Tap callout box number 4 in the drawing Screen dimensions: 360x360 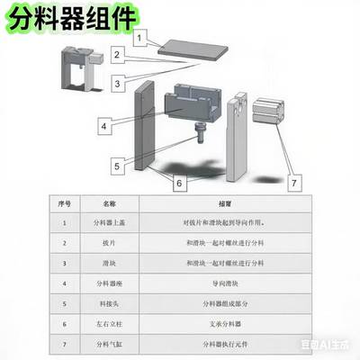(105, 126)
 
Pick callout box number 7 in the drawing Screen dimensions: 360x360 (292, 182)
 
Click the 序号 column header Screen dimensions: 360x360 (64, 204)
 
